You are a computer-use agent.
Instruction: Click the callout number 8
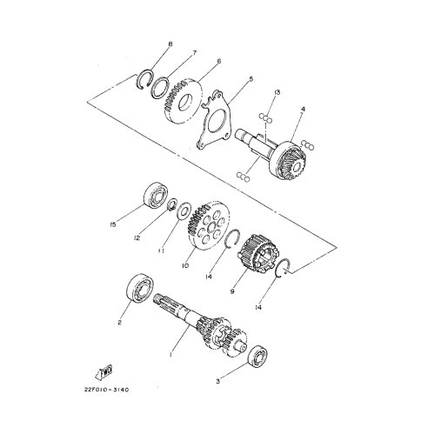coord(170,44)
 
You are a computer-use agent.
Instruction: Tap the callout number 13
coord(277,92)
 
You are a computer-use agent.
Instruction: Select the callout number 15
coord(113,224)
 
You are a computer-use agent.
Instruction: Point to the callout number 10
coord(185,265)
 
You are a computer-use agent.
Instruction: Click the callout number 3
coord(217,382)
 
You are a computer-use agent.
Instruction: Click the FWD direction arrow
coord(104,371)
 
